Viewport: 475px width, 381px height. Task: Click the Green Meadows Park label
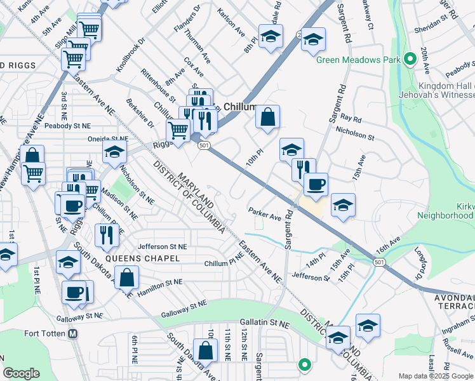[x=359, y=61]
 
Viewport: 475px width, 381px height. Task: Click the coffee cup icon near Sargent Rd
[x=315, y=184]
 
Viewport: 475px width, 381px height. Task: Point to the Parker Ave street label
[x=265, y=217]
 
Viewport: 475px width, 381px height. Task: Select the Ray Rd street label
[x=351, y=119]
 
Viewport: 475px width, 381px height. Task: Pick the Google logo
[x=22, y=373]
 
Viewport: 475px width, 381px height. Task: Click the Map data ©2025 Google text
[x=435, y=376]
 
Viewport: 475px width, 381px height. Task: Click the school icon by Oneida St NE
[x=114, y=152]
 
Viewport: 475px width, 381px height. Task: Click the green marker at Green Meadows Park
[x=410, y=60]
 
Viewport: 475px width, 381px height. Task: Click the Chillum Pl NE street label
[x=223, y=263]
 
